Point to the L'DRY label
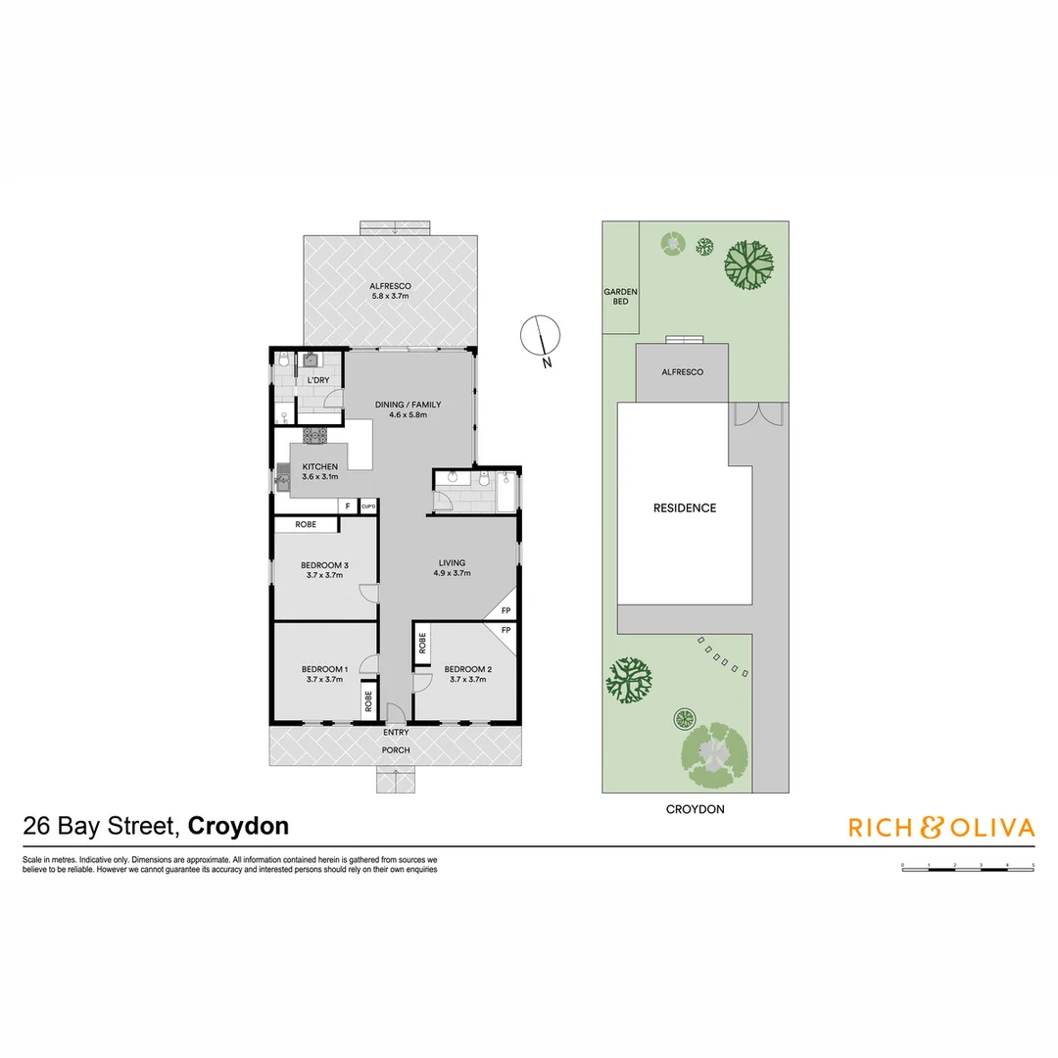(x=317, y=380)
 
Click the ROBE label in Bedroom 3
(x=306, y=525)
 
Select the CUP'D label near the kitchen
(x=368, y=506)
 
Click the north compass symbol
(x=538, y=337)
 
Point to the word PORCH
(x=396, y=750)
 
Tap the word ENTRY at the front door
(x=396, y=732)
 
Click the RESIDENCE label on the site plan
(x=685, y=508)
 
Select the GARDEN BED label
(x=620, y=297)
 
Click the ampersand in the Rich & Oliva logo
(x=931, y=828)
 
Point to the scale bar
(x=967, y=867)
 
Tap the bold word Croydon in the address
(x=238, y=826)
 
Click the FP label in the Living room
(x=505, y=610)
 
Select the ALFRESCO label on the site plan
(x=682, y=372)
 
